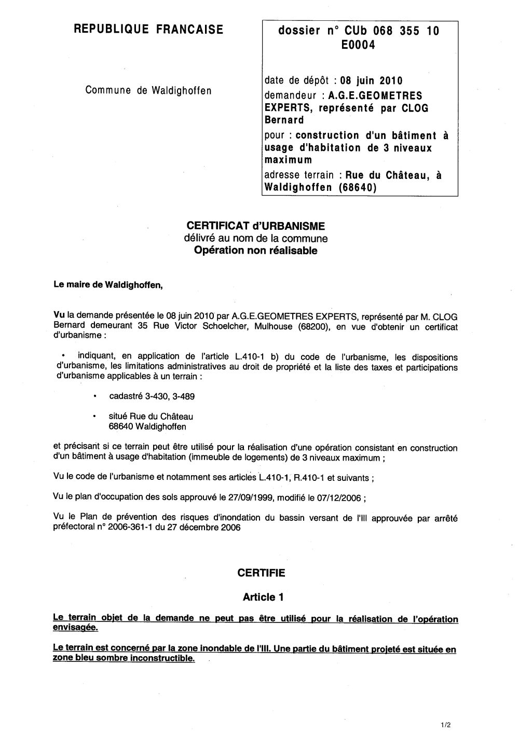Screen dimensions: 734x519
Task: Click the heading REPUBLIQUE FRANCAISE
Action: click(149, 30)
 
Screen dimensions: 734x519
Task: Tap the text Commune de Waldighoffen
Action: click(148, 90)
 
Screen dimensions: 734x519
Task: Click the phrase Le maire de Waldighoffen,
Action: click(108, 285)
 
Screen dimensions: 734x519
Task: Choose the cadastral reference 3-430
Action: click(149, 396)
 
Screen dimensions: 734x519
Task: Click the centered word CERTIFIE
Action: click(261, 573)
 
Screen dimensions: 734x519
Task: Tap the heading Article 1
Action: click(263, 597)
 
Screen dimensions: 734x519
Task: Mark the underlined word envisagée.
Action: click(75, 627)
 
